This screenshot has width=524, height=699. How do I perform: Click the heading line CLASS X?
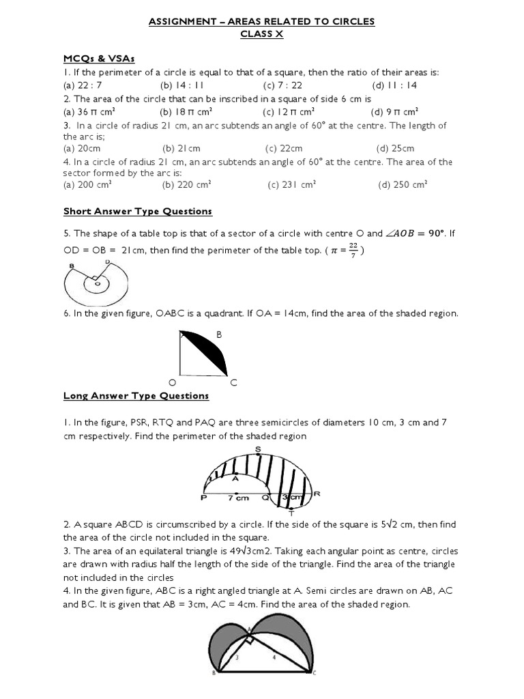[x=262, y=34]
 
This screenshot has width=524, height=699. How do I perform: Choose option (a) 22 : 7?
[x=82, y=85]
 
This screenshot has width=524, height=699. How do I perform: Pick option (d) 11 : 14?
[x=395, y=85]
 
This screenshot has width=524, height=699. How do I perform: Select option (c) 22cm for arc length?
[x=284, y=148]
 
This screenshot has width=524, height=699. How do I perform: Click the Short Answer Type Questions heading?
[x=138, y=212]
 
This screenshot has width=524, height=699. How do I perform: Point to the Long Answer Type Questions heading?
[x=136, y=396]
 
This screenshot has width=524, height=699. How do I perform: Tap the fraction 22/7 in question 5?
[x=353, y=251]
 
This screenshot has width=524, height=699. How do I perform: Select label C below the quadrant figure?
[x=233, y=384]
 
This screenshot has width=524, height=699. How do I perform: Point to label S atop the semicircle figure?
[x=258, y=448]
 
